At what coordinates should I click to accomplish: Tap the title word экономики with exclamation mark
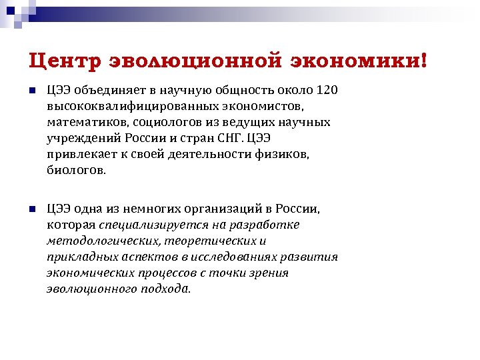point(358,61)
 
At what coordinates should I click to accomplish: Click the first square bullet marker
point(31,91)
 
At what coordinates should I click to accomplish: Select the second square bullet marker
point(31,209)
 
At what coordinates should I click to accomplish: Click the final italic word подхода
point(163,289)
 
